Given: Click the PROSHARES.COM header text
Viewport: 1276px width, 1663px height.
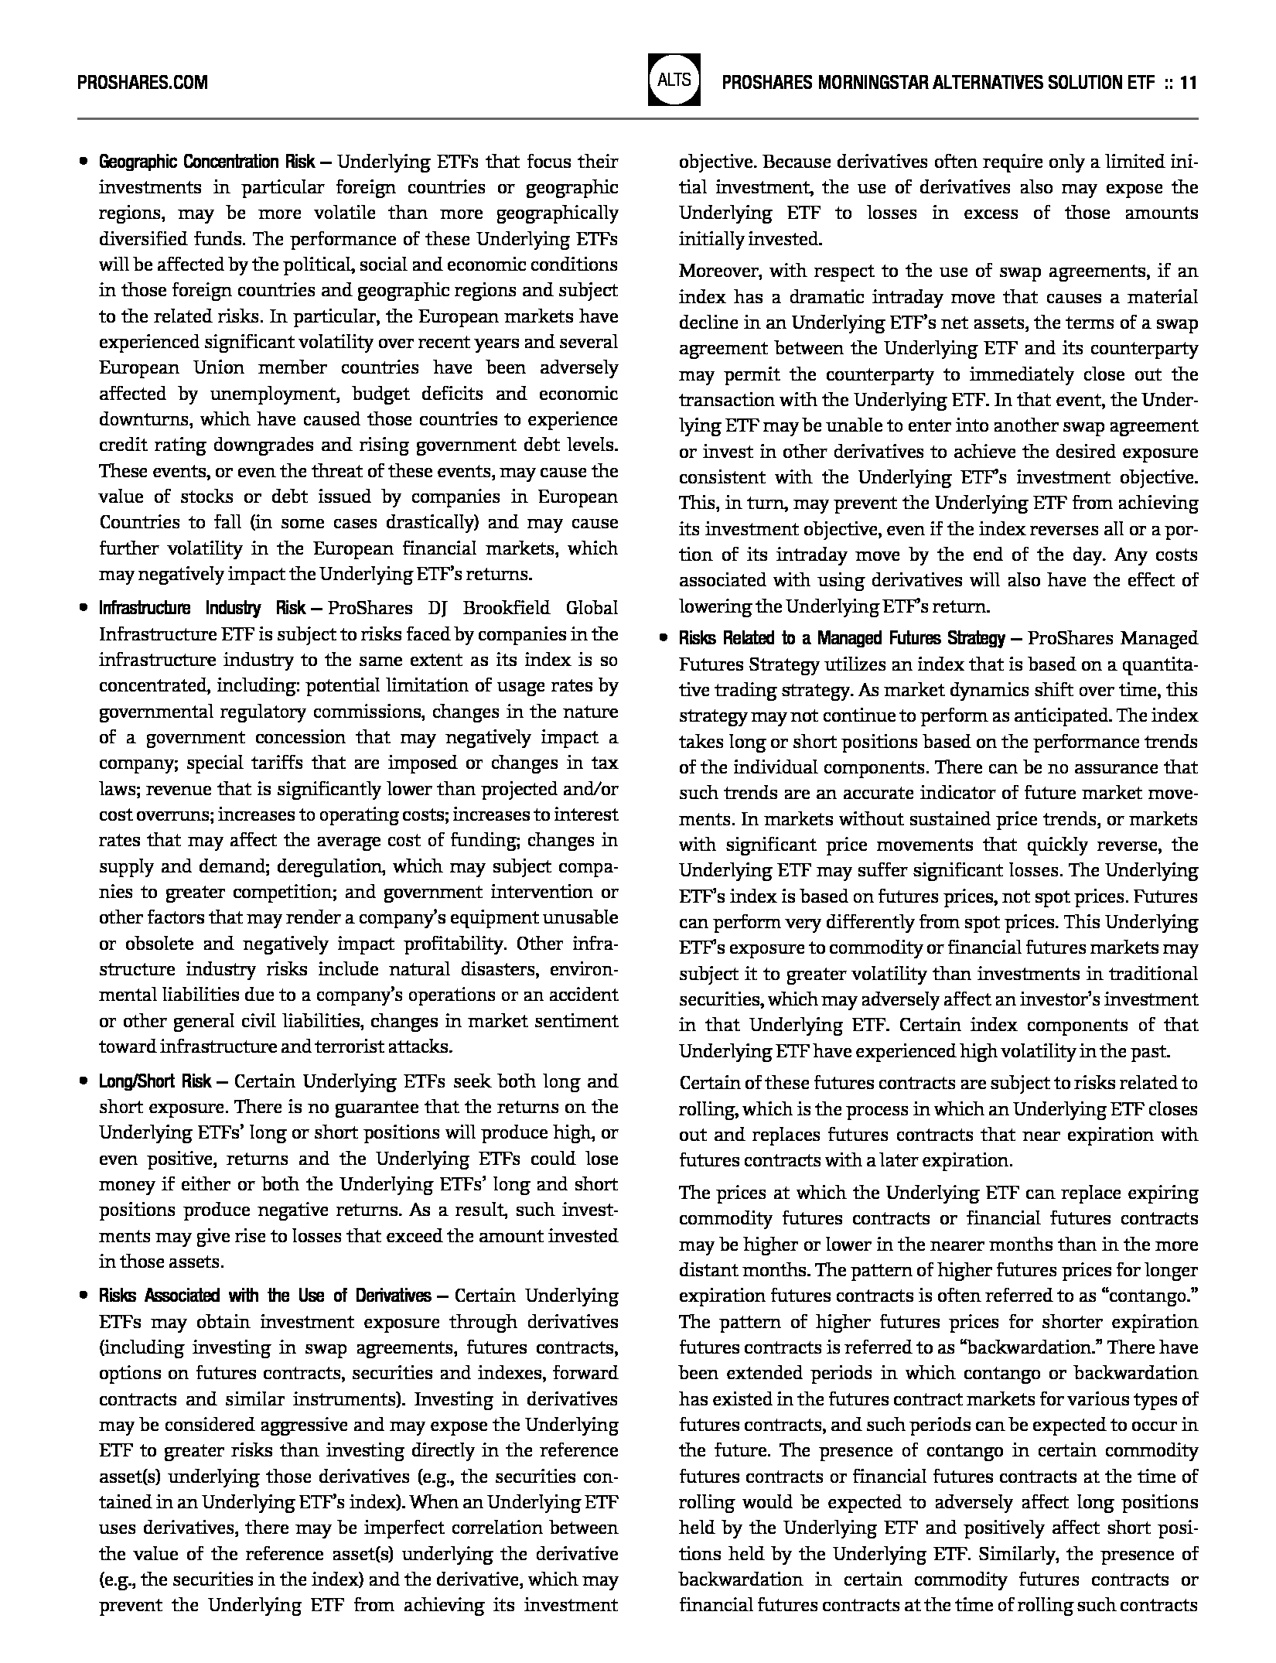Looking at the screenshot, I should (x=142, y=82).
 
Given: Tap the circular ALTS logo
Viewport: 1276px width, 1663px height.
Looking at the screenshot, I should (x=674, y=80).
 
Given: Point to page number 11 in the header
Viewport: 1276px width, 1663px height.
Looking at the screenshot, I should (x=1189, y=82).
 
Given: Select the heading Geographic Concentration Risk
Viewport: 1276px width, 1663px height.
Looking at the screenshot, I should (x=206, y=162).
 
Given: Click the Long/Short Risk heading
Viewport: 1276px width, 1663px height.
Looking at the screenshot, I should (x=155, y=1081).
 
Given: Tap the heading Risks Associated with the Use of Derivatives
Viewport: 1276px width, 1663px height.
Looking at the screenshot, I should (x=265, y=1296).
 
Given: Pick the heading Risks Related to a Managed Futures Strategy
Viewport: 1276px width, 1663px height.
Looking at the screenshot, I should (x=841, y=638).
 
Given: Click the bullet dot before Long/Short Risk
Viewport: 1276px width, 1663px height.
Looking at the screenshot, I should (x=82, y=1081).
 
